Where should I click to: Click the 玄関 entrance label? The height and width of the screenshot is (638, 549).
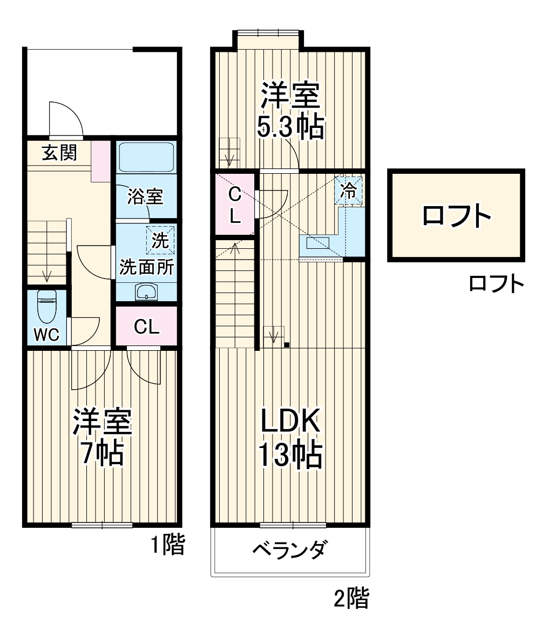59,153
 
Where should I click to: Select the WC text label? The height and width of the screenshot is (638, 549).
46,335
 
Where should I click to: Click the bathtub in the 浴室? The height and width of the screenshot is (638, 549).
146,157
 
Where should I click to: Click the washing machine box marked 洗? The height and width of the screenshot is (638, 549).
160,239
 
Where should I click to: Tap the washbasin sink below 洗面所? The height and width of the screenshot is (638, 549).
146,292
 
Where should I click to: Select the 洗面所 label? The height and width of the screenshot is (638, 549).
146,267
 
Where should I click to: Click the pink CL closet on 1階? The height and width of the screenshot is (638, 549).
147,326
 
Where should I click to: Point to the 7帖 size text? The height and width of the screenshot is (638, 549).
102,454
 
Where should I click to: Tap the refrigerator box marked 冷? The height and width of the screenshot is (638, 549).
349,191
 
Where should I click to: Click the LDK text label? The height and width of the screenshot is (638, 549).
291,421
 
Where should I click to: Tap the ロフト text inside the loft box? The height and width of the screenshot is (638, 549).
456,216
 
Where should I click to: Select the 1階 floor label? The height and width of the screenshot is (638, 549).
167,546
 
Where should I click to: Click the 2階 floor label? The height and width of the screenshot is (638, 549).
351,599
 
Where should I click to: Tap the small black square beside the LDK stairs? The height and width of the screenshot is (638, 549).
287,345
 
